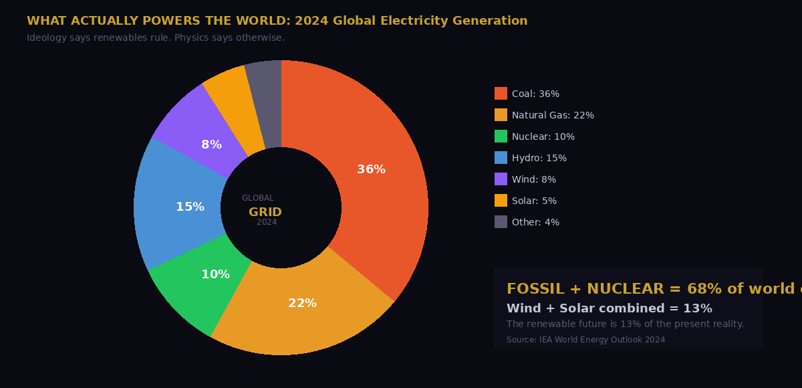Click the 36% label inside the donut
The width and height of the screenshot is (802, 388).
[x=371, y=170]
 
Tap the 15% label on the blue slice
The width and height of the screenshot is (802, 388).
[x=190, y=207]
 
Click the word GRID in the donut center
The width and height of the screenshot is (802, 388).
[x=265, y=212]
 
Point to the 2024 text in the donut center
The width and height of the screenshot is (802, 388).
[x=267, y=222]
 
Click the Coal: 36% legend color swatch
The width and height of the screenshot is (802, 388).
[x=501, y=94]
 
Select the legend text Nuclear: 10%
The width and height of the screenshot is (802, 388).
[x=543, y=136]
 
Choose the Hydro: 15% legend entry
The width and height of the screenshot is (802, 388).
[x=539, y=158]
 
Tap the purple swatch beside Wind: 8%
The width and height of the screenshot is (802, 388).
[x=501, y=179]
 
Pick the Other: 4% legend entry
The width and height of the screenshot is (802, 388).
[x=535, y=222]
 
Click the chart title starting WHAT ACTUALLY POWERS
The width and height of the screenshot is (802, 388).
[x=277, y=21]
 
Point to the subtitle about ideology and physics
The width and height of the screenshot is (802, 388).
[x=156, y=38]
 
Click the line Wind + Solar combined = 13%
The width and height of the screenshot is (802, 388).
[x=609, y=308]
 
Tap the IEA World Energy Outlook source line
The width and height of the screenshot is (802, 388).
[x=585, y=340]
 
